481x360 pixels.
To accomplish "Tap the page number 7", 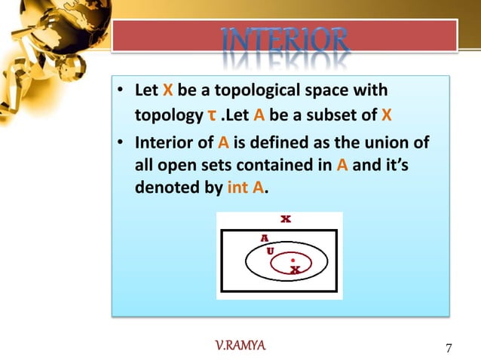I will pyautogui.click(x=449, y=348).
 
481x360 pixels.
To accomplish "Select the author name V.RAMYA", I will pyautogui.click(x=240, y=346).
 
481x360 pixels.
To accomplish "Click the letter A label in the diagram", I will pyautogui.click(x=264, y=237).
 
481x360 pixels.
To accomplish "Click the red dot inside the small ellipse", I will pyautogui.click(x=293, y=259).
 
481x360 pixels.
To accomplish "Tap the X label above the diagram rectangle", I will pyautogui.click(x=286, y=220).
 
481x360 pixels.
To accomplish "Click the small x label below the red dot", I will pyautogui.click(x=294, y=269).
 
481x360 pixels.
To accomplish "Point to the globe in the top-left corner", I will pyautogui.click(x=45, y=38).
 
